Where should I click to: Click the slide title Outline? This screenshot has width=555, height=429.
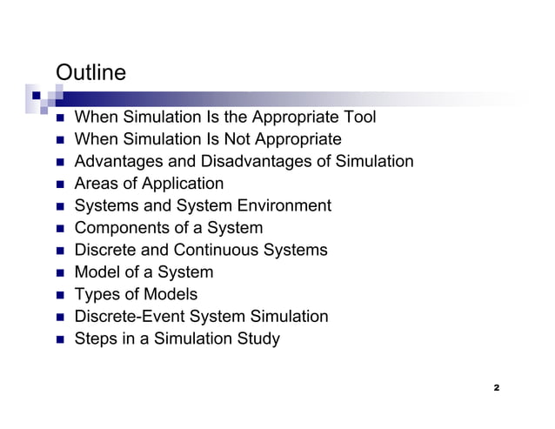tap(90, 72)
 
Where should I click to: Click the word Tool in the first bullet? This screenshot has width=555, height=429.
tap(358, 117)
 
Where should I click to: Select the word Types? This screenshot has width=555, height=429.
tap(97, 295)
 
